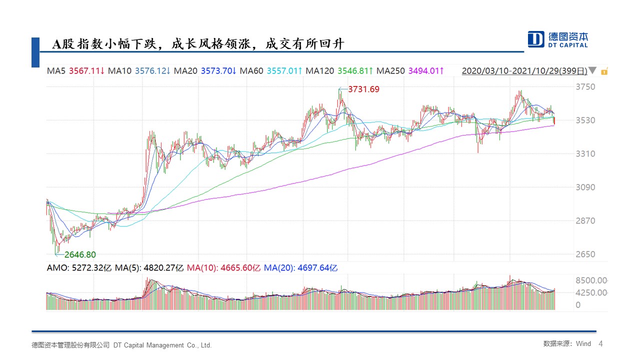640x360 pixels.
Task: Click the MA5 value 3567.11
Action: point(86,71)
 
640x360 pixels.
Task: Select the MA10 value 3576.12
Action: point(152,71)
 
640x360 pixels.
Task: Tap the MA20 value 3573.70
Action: point(218,71)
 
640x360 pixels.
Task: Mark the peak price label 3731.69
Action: point(363,89)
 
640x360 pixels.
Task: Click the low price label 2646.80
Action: point(80,255)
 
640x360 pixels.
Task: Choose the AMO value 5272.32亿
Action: point(90,268)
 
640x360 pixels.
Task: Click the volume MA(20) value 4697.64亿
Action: point(317,268)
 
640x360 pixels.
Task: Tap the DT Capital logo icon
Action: point(536,39)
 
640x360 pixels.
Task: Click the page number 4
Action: point(600,344)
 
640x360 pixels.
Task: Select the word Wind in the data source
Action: point(583,344)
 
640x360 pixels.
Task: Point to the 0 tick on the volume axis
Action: point(578,305)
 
